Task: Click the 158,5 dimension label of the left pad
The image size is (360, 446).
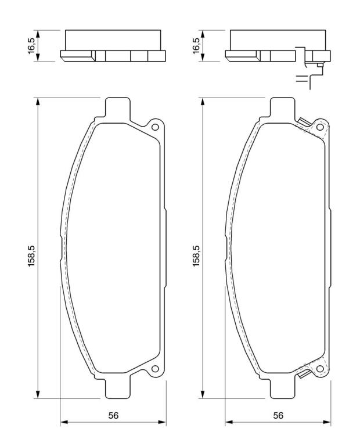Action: point(31,256)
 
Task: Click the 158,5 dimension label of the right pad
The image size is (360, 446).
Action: point(196,256)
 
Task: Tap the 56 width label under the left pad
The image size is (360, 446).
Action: point(113,416)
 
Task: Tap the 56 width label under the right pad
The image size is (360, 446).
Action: point(278,416)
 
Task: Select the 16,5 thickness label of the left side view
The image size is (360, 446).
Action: point(31,45)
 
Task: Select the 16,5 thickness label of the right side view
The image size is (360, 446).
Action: point(196,45)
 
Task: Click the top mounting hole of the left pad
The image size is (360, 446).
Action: point(155,127)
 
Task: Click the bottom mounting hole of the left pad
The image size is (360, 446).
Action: point(155,369)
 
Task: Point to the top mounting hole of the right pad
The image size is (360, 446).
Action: point(320,127)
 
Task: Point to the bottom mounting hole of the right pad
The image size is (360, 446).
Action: point(320,369)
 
